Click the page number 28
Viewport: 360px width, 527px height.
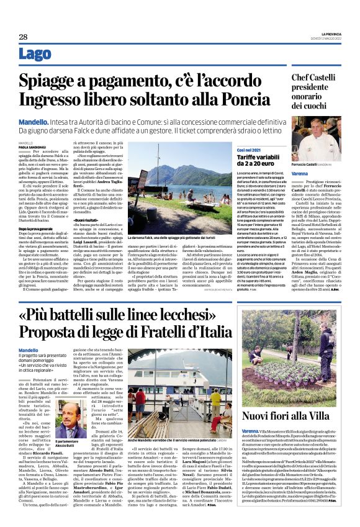24,37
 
